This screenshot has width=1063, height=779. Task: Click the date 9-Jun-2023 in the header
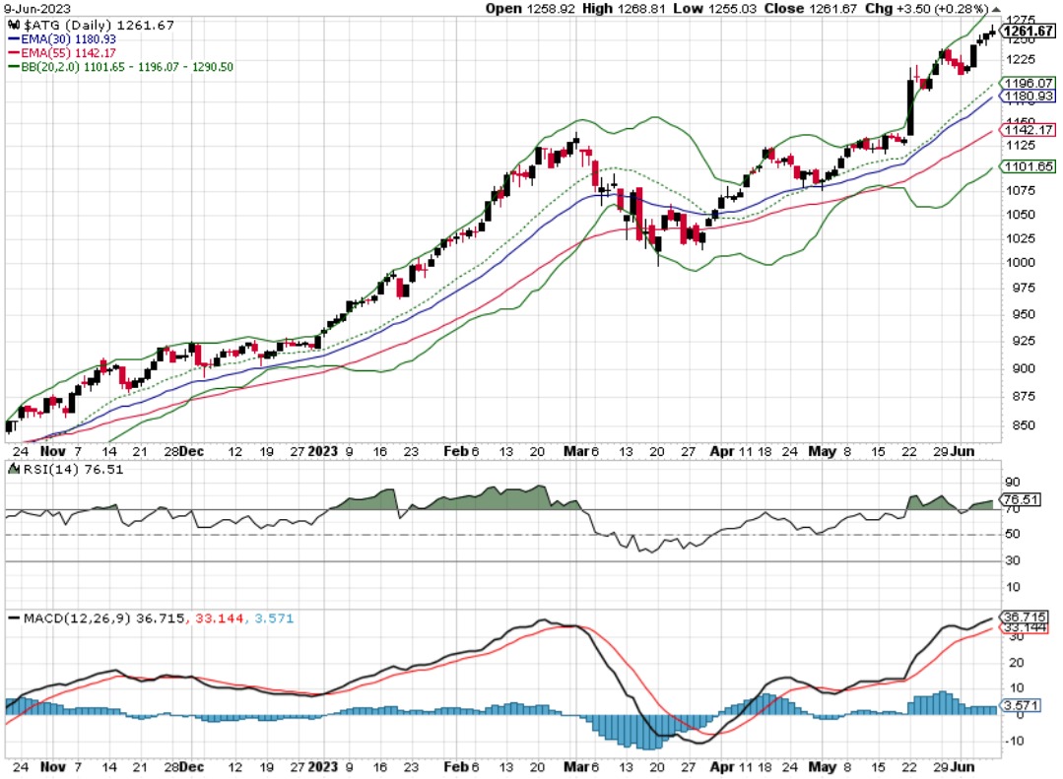point(31,8)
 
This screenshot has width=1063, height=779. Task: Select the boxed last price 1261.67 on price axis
point(1028,32)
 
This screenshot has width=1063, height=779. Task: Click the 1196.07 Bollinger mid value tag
point(1028,84)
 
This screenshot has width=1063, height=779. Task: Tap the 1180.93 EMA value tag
point(1028,97)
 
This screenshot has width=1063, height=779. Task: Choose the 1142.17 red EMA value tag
point(1028,130)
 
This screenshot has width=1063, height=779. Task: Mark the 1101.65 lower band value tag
point(1028,166)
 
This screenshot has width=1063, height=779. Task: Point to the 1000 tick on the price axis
point(1016,263)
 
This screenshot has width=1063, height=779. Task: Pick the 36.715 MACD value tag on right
point(1026,617)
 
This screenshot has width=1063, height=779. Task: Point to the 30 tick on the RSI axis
point(1011,561)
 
